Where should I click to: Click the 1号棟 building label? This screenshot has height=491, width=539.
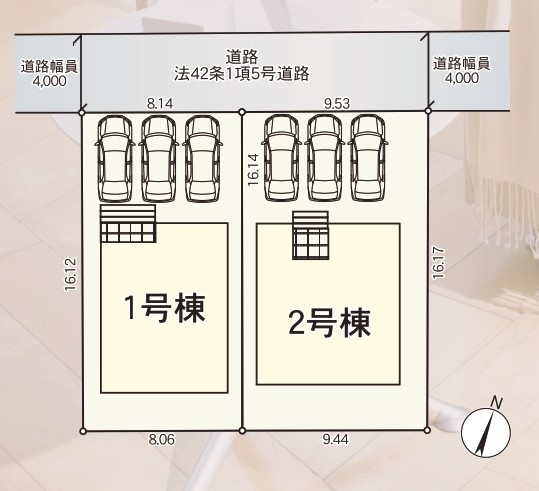click(165, 308)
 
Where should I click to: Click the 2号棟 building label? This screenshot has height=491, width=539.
click(330, 323)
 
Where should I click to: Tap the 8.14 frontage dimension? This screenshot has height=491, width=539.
click(160, 103)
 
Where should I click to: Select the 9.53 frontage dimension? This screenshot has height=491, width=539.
click(337, 103)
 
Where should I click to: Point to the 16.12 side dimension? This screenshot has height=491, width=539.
click(70, 275)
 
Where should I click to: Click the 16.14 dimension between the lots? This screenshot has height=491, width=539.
click(253, 170)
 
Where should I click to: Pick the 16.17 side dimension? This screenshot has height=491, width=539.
click(439, 263)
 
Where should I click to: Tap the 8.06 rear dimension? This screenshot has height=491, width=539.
click(162, 439)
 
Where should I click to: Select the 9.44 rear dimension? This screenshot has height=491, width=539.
click(336, 439)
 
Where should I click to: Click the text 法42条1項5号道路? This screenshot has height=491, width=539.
click(241, 74)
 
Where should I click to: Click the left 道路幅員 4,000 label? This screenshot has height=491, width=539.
click(49, 73)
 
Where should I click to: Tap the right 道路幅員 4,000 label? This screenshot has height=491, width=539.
click(461, 70)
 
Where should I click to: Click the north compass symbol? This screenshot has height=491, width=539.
click(486, 433)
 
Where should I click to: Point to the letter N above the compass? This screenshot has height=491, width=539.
click(496, 402)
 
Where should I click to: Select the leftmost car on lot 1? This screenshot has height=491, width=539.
click(114, 158)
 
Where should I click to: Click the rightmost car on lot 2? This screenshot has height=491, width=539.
click(367, 157)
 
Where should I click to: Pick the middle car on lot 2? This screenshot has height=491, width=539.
click(324, 157)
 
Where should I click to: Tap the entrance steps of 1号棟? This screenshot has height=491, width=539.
click(128, 223)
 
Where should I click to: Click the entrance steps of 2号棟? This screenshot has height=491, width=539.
click(311, 235)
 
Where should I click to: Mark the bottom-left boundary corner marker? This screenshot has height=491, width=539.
click(82, 431)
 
